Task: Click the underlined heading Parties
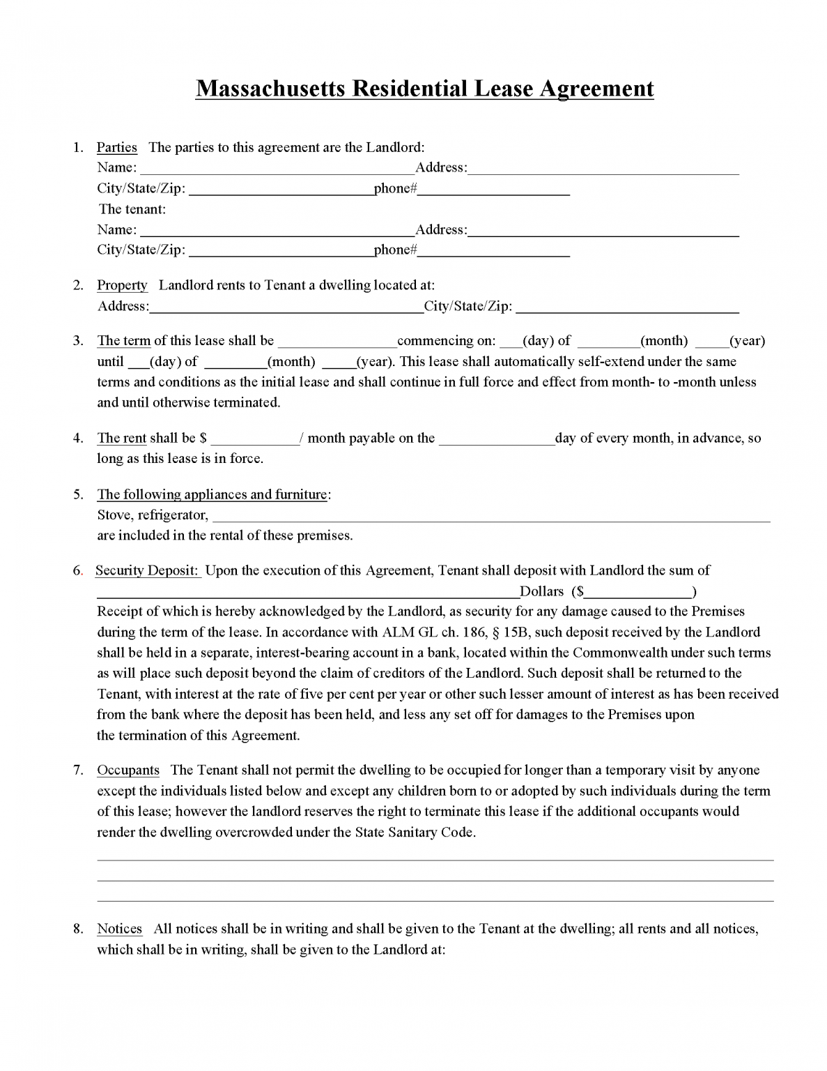coord(116,147)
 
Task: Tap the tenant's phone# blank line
coord(493,252)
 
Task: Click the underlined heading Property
coord(122,285)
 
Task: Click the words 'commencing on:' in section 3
coord(446,341)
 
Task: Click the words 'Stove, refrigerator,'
coord(153,515)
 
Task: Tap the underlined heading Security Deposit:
coord(148,570)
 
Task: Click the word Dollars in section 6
coord(542,591)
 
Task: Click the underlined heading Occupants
coord(128,770)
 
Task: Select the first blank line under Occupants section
coord(435,860)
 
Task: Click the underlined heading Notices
coord(119,929)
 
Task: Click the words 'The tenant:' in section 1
coord(132,209)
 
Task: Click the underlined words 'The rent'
coord(121,438)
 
